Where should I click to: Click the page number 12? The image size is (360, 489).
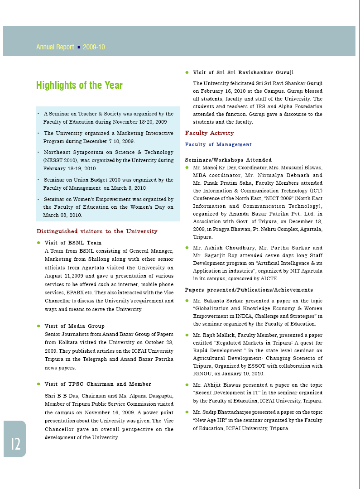15,444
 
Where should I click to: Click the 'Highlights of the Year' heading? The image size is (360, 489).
79,85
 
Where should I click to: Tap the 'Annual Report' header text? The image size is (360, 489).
55,47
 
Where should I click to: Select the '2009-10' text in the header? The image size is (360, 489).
94,47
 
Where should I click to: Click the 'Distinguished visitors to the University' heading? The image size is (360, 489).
97,231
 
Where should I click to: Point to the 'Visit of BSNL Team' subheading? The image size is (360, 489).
73,243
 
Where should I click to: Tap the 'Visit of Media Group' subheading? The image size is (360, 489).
74,326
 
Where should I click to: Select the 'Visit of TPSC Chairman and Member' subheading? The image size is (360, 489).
98,384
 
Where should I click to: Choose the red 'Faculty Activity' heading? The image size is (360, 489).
209,133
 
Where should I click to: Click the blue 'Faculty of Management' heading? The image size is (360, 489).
218,144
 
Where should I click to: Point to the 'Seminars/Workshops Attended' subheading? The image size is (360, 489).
228,160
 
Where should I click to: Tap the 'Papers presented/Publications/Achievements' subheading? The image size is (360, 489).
249,290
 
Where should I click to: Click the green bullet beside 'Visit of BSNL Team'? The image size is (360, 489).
39,243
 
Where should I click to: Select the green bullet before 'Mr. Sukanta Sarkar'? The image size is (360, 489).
187,300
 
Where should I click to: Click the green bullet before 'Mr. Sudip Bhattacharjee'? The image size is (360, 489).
187,412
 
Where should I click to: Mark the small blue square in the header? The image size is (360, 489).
79,47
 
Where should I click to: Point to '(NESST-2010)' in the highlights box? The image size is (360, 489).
60,160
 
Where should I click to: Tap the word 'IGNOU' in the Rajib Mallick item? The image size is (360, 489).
203,374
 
